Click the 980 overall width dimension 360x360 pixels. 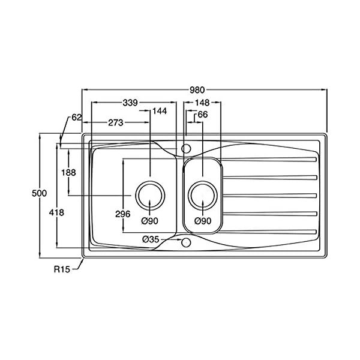[x=197, y=90]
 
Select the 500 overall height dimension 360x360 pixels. [x=39, y=193]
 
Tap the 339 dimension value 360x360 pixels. [x=130, y=103]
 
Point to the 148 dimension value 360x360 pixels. [x=202, y=103]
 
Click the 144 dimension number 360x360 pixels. [x=160, y=111]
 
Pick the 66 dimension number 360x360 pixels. [x=203, y=115]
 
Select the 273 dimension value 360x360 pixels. [x=116, y=123]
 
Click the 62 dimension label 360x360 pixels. [x=77, y=118]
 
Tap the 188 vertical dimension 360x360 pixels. [x=68, y=172]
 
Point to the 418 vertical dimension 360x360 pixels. [x=56, y=213]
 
